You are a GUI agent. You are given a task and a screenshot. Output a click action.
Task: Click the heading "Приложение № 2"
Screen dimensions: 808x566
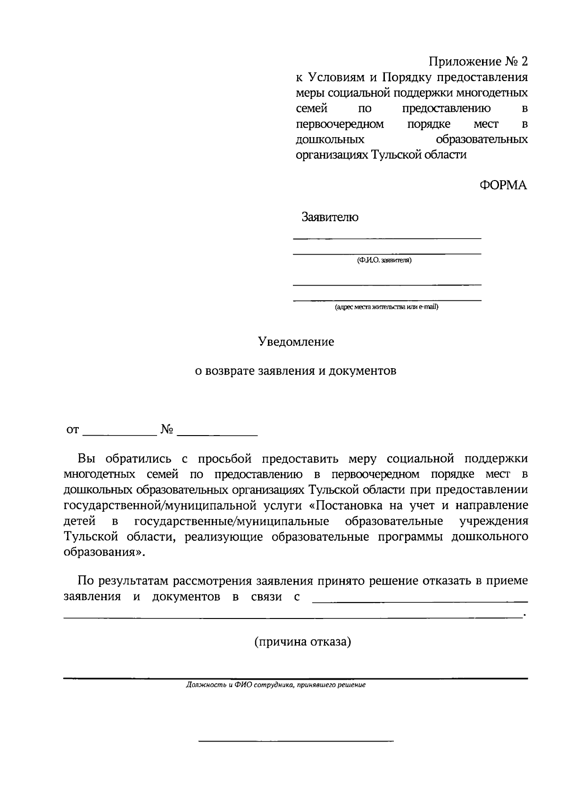pyautogui.click(x=477, y=61)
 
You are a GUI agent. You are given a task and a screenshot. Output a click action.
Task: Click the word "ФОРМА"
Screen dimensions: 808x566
pyautogui.click(x=503, y=185)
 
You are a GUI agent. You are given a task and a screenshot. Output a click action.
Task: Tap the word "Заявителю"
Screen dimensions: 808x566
pyautogui.click(x=330, y=217)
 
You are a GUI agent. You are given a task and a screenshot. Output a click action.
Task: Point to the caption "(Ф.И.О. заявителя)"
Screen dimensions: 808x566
pyautogui.click(x=384, y=260)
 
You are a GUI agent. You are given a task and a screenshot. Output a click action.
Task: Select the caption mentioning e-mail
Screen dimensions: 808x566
pyautogui.click(x=386, y=307)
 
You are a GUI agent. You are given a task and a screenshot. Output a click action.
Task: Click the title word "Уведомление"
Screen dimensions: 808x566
pyautogui.click(x=296, y=342)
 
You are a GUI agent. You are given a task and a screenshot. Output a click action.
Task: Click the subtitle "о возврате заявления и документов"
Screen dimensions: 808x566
pyautogui.click(x=296, y=371)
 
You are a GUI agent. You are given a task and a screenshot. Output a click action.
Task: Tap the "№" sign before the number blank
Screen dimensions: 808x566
pyautogui.click(x=167, y=429)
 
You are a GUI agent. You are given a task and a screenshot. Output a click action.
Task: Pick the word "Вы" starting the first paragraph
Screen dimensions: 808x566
pyautogui.click(x=87, y=458)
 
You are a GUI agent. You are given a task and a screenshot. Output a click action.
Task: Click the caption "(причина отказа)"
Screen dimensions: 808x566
pyautogui.click(x=303, y=642)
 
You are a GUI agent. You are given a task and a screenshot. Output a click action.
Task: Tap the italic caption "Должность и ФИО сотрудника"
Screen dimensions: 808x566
pyautogui.click(x=276, y=685)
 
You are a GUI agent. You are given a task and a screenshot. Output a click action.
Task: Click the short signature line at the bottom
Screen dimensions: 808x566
pyautogui.click(x=296, y=742)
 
